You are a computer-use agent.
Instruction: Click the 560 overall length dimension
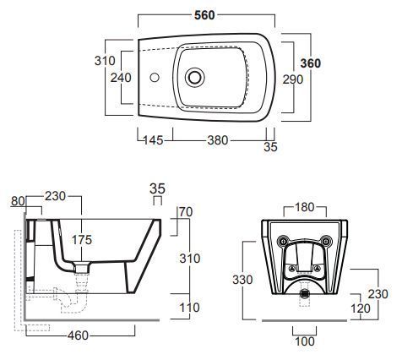(x=204, y=15)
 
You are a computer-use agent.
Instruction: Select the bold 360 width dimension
(x=311, y=63)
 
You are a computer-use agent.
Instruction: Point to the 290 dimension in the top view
(x=293, y=79)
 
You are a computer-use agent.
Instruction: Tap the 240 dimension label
(x=121, y=78)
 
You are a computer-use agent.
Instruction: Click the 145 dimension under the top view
(x=154, y=140)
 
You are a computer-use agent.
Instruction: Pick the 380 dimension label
(x=217, y=140)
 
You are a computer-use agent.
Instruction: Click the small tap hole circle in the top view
(x=155, y=78)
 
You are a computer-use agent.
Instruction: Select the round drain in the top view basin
(x=195, y=77)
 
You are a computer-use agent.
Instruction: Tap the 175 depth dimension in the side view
(x=82, y=240)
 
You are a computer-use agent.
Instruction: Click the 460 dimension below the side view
(x=78, y=335)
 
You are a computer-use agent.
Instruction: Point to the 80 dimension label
(x=18, y=201)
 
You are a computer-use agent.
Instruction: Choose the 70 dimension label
(x=186, y=212)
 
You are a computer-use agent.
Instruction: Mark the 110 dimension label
(x=190, y=308)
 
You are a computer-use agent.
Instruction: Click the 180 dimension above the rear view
(x=304, y=207)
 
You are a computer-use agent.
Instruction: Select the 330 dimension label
(x=242, y=280)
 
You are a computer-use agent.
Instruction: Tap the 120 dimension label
(x=361, y=308)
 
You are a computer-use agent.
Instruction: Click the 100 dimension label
(x=305, y=341)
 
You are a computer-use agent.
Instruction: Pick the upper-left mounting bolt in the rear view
(x=282, y=241)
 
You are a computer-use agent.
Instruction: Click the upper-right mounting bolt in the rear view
(x=326, y=241)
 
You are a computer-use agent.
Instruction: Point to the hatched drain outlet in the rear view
(x=304, y=293)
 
